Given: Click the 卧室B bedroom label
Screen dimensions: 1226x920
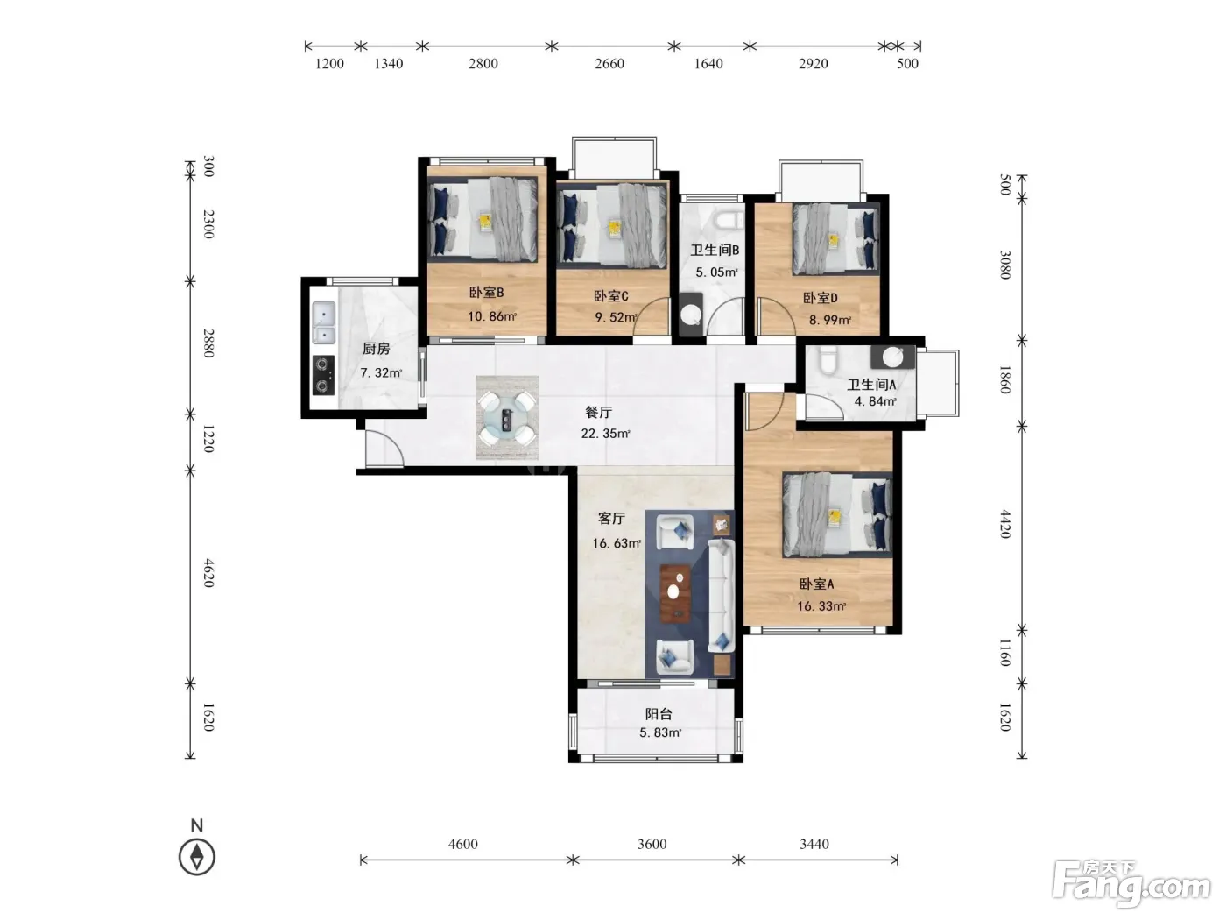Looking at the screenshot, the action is pos(486,292).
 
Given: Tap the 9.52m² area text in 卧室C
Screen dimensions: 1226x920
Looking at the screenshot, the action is pos(616,317).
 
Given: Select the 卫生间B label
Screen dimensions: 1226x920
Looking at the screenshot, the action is pos(715,250).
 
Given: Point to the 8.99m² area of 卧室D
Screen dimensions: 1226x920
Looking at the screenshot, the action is pos(830,320).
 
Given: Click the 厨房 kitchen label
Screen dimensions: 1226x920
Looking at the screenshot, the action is pos(376,349).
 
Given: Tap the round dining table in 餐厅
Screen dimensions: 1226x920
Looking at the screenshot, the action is pos(507,418).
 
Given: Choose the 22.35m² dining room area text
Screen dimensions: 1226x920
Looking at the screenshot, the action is pos(605,434).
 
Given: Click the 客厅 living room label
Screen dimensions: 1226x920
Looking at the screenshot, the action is pos(611,519).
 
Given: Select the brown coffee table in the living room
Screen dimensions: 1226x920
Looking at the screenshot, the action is pos(676,593).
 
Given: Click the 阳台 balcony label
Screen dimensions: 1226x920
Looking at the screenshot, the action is pos(659,714).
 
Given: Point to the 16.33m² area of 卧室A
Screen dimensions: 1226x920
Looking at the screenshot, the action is pos(821,606).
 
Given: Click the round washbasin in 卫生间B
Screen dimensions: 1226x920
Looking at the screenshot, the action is pos(691,315).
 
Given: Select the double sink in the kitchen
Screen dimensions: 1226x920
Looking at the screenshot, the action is pos(323,323).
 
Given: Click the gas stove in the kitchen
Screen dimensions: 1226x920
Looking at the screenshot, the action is pos(323,375).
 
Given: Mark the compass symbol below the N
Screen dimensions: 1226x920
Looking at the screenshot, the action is pos(197,857).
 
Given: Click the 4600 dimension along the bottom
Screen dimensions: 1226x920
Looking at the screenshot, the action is pos(463,844).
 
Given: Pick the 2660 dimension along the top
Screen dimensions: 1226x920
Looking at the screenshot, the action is pos(609,64).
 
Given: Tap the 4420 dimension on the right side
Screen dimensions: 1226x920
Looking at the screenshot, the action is pos(1004,524).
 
